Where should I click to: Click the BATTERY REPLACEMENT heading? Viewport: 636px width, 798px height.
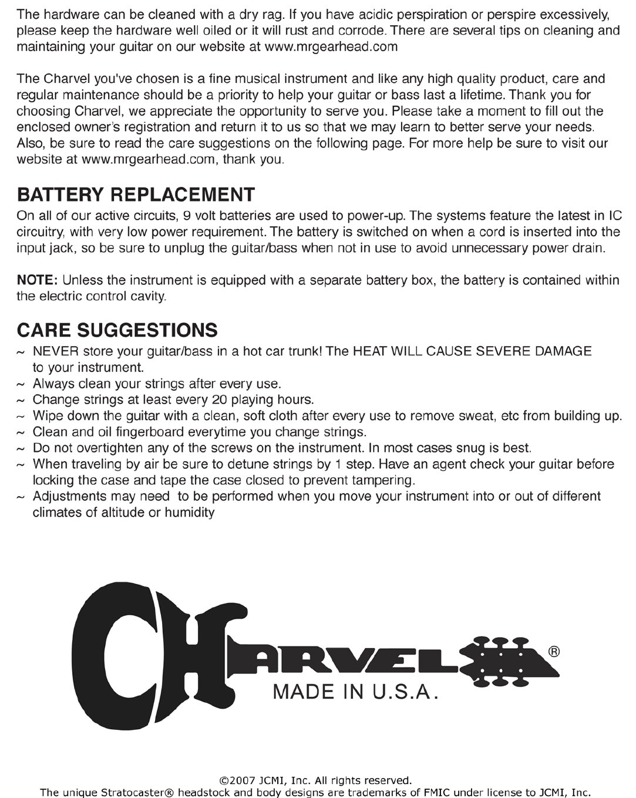pyautogui.click(x=136, y=195)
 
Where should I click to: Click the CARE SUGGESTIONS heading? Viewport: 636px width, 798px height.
pyautogui.click(x=117, y=330)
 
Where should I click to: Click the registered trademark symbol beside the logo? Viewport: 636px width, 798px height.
pyautogui.click(x=553, y=652)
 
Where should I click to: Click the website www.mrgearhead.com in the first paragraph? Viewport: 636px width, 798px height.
pyautogui.click(x=332, y=47)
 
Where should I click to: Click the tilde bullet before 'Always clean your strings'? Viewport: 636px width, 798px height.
pyautogui.click(x=21, y=384)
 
